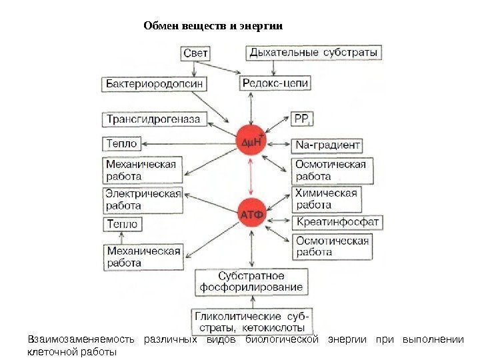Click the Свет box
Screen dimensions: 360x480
(x=195, y=52)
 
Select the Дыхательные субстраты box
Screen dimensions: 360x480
(x=314, y=52)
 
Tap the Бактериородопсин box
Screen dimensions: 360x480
(x=154, y=84)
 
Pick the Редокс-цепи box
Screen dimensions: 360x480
(x=275, y=84)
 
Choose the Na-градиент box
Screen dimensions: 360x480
(x=328, y=145)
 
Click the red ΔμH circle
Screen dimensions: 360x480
(x=251, y=142)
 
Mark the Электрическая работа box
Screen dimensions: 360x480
(x=143, y=200)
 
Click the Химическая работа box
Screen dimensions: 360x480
(x=325, y=198)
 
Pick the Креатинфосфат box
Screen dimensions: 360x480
(x=337, y=222)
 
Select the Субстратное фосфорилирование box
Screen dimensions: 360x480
(x=251, y=282)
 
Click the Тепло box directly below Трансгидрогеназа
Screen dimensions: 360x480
(x=121, y=144)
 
